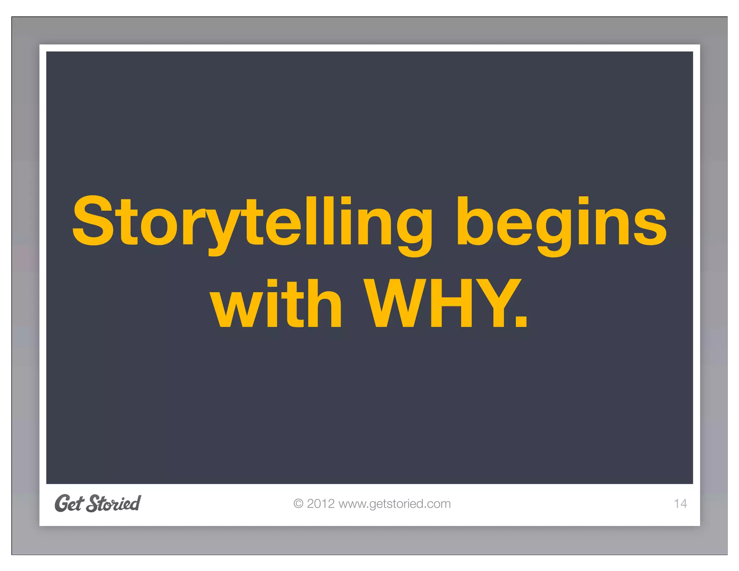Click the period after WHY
521,320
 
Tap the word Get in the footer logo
69,503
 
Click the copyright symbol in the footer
298,504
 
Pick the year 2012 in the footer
321,504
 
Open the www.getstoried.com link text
394,504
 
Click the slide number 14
680,504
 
